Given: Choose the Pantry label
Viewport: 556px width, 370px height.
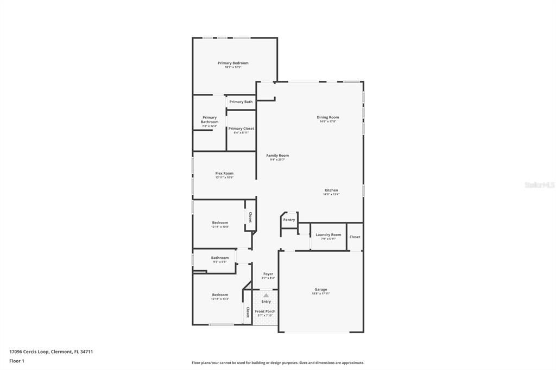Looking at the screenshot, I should [x=289, y=220].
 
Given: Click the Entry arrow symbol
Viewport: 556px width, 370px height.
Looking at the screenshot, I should [x=266, y=295].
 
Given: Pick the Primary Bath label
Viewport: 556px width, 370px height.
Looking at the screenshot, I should [x=241, y=102].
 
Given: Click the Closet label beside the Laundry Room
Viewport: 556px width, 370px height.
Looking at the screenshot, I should [x=355, y=237].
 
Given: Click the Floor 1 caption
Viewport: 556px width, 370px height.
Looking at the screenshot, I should [x=17, y=361].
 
